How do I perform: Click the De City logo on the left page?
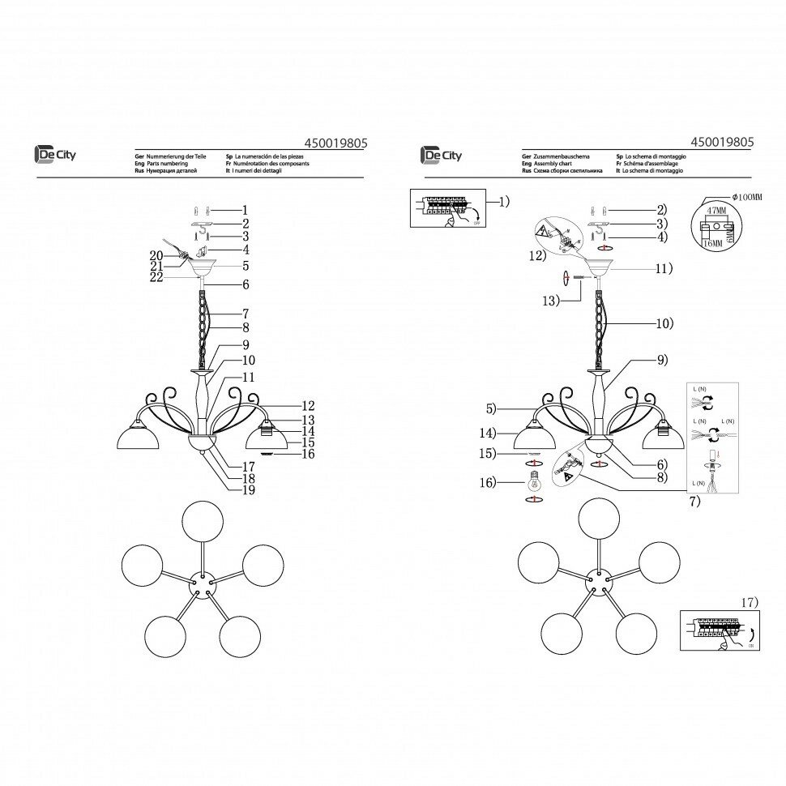(x=53, y=155)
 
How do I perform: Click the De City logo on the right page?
(x=441, y=155)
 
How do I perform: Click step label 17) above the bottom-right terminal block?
(x=749, y=602)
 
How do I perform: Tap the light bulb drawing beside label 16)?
(x=534, y=483)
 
